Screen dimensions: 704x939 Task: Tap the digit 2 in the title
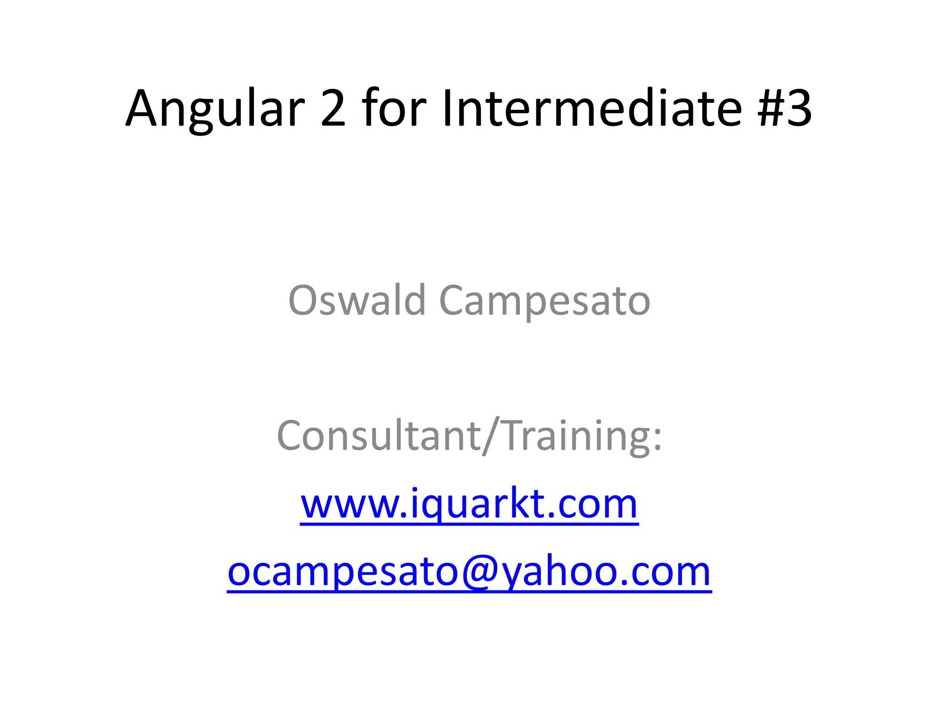point(333,108)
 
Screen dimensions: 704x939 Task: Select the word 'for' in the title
point(395,108)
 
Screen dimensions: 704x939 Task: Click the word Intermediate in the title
point(592,108)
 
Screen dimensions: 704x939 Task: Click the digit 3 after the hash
point(799,108)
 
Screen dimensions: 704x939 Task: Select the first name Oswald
point(357,301)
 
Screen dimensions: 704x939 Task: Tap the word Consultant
point(379,435)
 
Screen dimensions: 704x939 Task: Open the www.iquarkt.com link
point(469,504)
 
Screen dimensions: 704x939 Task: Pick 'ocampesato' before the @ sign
point(343,573)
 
